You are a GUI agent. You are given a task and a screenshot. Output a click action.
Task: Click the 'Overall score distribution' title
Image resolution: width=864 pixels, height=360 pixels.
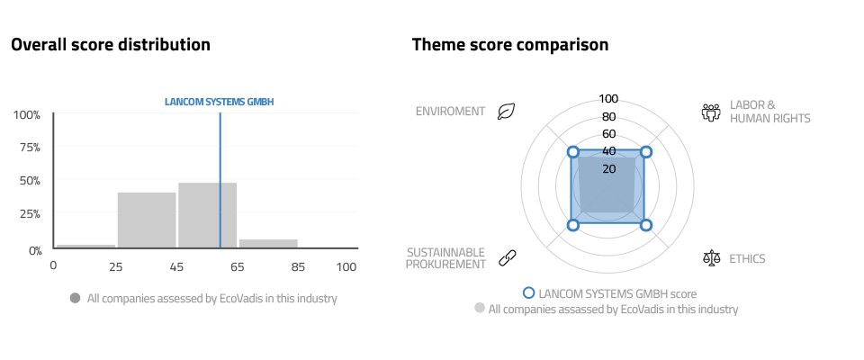tap(111, 44)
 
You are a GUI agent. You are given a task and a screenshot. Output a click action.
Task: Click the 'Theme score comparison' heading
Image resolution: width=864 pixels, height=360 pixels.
tap(510, 44)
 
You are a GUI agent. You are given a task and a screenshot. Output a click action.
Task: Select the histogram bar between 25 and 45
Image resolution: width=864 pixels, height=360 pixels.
tap(147, 220)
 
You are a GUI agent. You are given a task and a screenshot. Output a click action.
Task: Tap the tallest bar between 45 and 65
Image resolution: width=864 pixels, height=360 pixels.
tap(207, 216)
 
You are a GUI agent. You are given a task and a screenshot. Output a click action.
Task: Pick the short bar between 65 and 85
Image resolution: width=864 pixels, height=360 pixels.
tap(268, 244)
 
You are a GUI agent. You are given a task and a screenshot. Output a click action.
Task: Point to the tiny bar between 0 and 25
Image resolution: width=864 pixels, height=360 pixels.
tap(85, 247)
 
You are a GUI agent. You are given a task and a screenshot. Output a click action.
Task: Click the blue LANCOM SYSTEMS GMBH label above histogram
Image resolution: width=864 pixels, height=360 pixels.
tap(220, 102)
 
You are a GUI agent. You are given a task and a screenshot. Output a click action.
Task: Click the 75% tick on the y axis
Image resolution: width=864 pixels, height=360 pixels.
tap(28, 148)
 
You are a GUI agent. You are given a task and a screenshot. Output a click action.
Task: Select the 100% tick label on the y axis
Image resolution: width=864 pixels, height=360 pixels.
tap(27, 114)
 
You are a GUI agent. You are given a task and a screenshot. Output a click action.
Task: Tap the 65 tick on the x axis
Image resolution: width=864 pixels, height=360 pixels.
tap(237, 266)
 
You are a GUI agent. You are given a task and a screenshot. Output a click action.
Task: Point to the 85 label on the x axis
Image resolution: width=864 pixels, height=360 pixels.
tap(298, 266)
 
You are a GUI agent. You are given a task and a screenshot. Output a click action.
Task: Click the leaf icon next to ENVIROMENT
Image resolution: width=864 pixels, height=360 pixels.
tap(506, 112)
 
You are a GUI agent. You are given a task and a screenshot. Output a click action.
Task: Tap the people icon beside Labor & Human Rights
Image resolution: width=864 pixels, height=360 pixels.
tap(711, 112)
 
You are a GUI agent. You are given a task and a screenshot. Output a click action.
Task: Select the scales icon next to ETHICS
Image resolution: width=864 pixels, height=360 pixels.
tap(712, 257)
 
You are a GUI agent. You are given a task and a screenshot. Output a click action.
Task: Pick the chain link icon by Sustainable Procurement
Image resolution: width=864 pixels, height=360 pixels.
tap(507, 257)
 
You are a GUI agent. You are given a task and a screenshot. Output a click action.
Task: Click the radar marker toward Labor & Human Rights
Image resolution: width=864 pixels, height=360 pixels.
tap(646, 151)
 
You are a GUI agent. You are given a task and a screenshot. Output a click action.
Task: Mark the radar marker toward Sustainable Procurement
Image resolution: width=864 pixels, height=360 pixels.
tap(573, 225)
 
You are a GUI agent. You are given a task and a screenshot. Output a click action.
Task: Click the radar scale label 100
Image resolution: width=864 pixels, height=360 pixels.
tap(608, 99)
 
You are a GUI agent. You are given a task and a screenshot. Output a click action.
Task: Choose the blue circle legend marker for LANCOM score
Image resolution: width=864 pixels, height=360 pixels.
tap(529, 292)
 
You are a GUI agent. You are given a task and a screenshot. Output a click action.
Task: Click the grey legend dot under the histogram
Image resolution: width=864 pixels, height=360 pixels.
tap(75, 298)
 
